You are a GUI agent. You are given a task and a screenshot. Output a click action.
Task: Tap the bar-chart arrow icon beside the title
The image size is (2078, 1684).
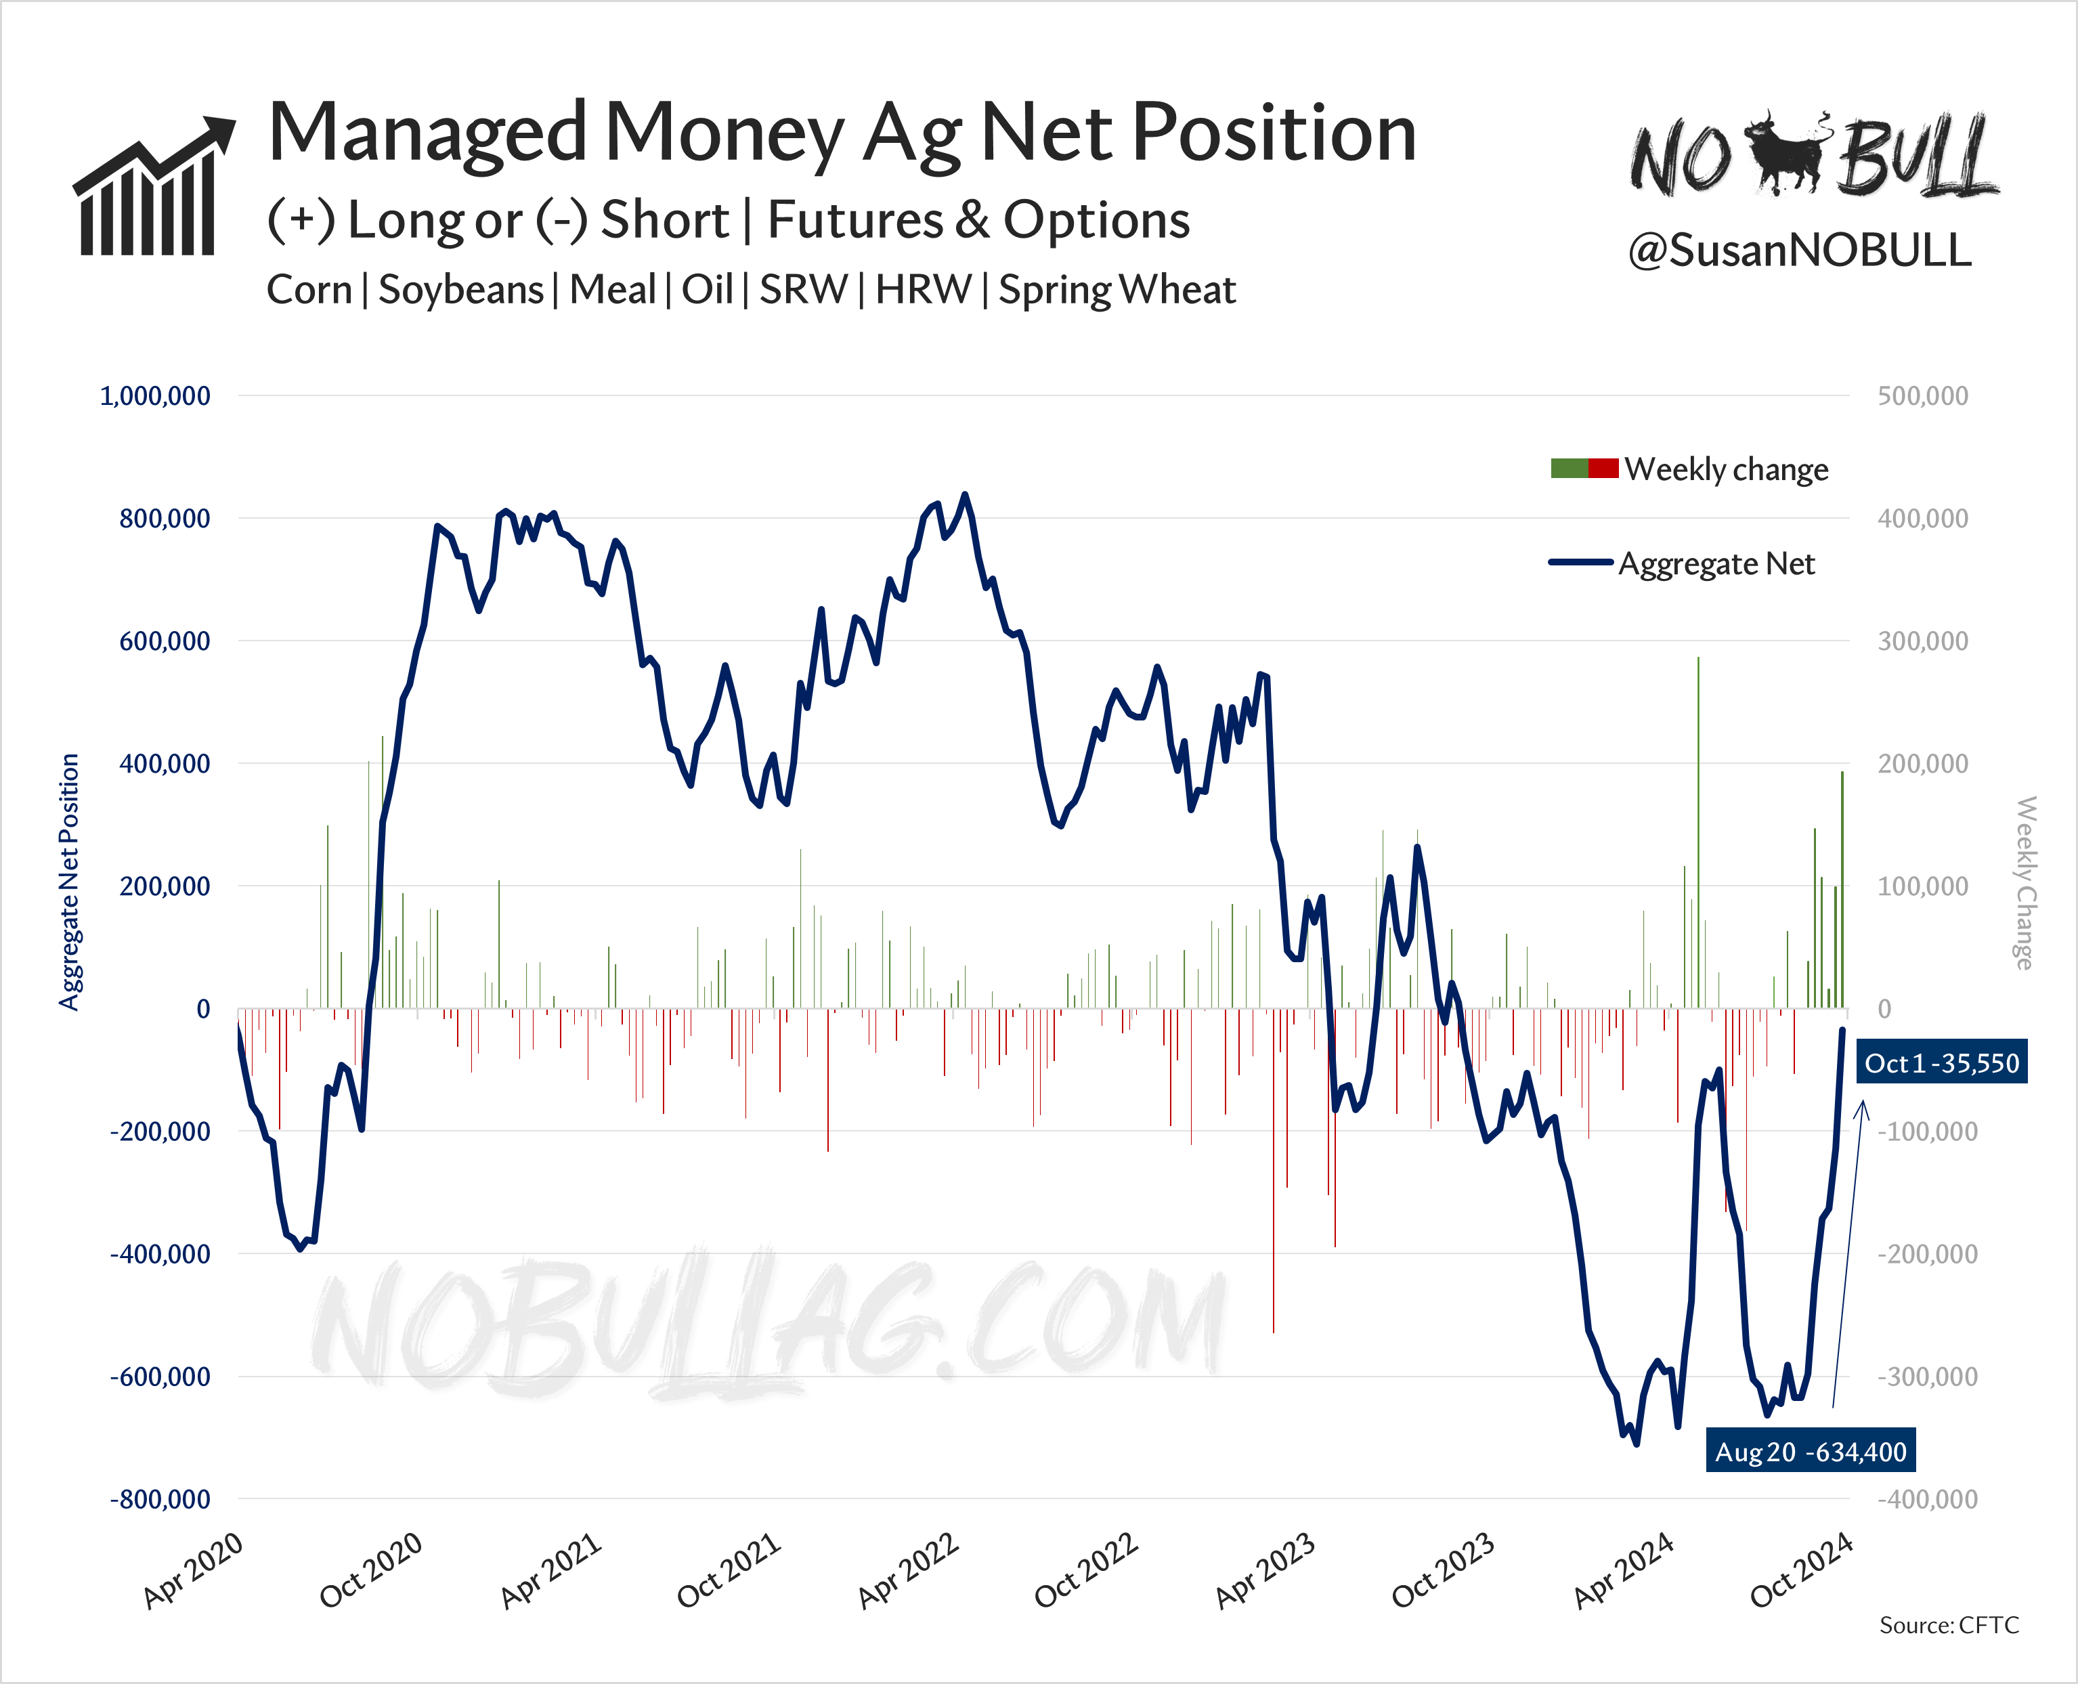[x=153, y=186]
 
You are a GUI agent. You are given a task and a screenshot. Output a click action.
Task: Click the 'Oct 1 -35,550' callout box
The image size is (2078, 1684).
[x=1941, y=1063]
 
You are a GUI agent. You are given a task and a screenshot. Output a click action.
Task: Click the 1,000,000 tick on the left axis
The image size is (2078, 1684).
[x=155, y=396]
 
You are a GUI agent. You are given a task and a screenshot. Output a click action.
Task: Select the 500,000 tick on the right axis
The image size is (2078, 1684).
[x=1923, y=396]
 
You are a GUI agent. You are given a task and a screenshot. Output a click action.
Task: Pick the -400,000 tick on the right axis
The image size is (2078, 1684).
[x=1926, y=1498]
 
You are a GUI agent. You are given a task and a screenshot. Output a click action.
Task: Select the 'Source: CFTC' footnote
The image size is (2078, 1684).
[x=1948, y=1625]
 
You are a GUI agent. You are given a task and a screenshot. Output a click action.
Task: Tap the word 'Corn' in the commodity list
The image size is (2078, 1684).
[x=309, y=290]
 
